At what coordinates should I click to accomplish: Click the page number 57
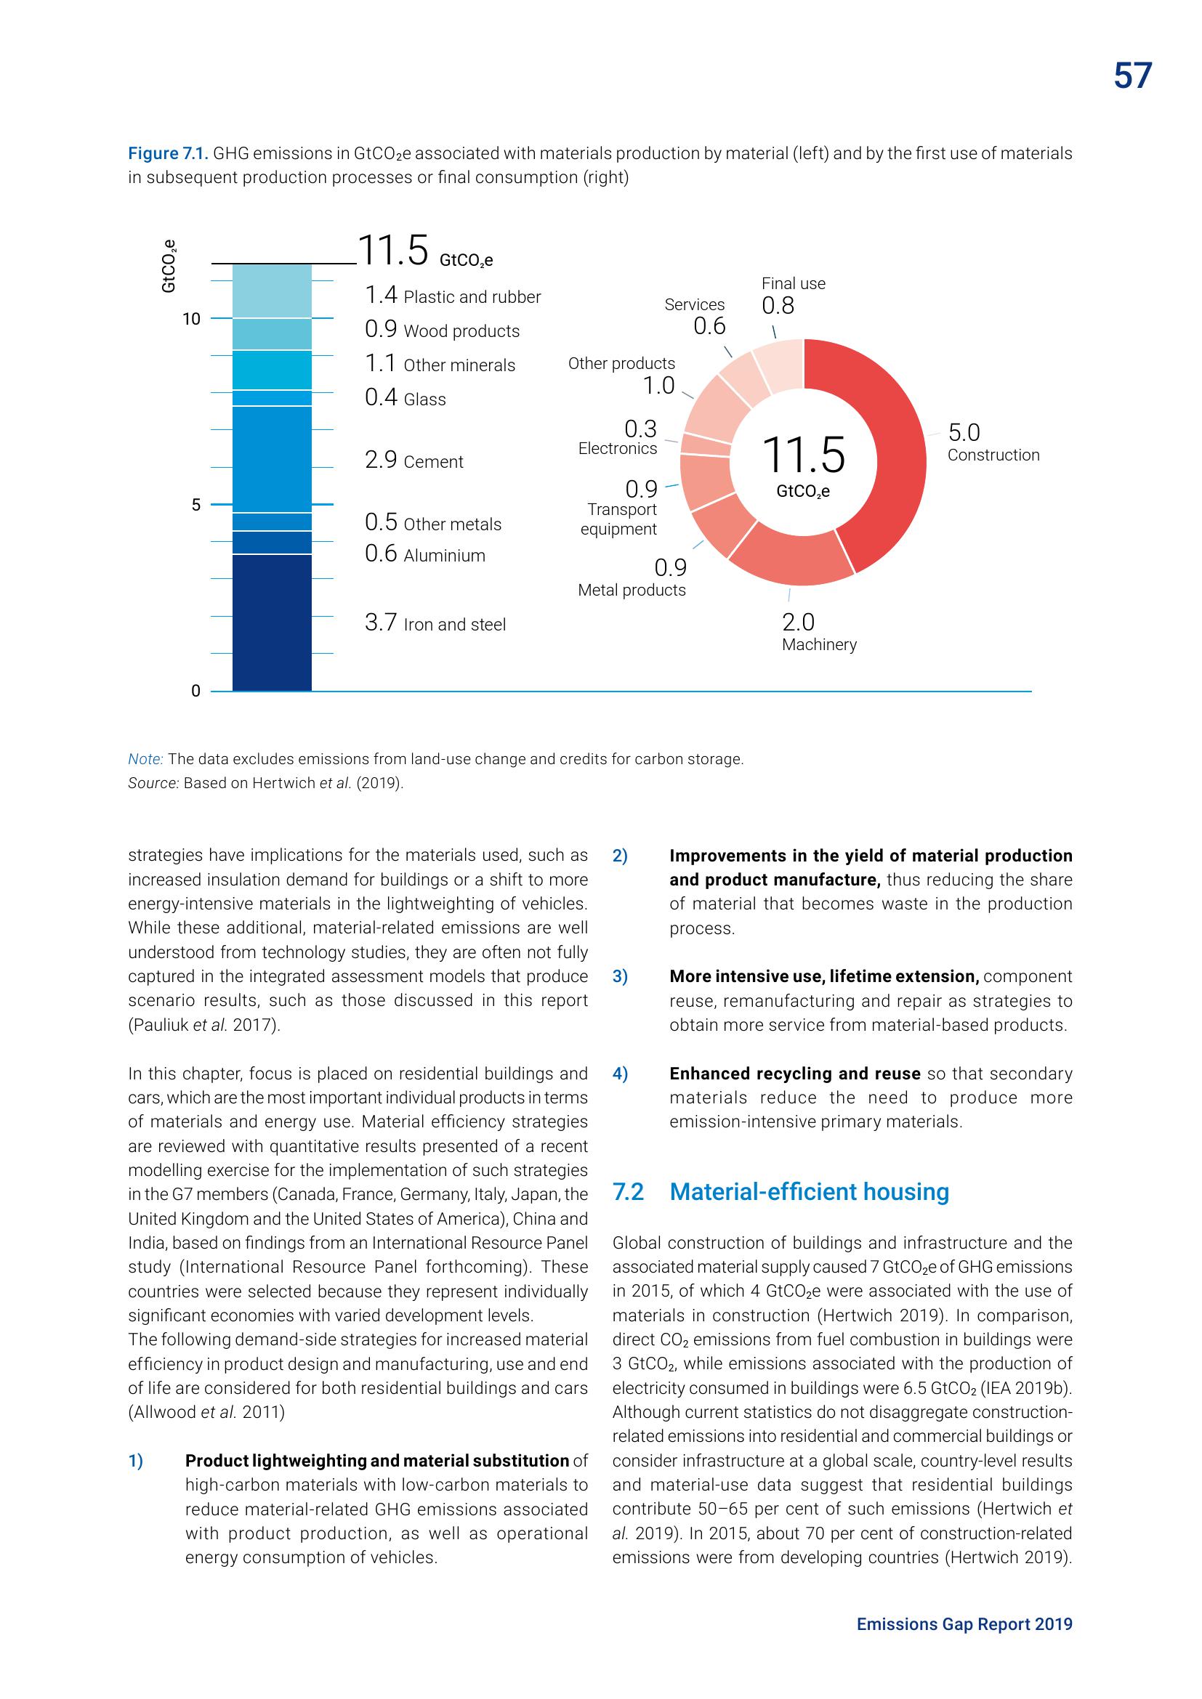[x=1132, y=76]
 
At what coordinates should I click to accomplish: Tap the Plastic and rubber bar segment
[x=272, y=291]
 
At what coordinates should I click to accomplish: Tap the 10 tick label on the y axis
[x=192, y=319]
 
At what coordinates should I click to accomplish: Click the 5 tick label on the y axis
[x=195, y=505]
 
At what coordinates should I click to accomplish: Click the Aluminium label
[x=444, y=556]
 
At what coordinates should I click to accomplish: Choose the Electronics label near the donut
[x=617, y=448]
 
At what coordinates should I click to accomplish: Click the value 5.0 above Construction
[x=964, y=432]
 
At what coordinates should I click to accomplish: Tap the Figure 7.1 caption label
[x=168, y=153]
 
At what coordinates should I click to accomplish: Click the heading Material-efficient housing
[x=809, y=1191]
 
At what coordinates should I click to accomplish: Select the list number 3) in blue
[x=620, y=977]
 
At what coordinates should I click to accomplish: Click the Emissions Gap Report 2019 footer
[x=964, y=1623]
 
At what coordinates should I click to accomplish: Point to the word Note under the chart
[x=145, y=759]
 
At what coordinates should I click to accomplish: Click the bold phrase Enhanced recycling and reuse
[x=794, y=1074]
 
